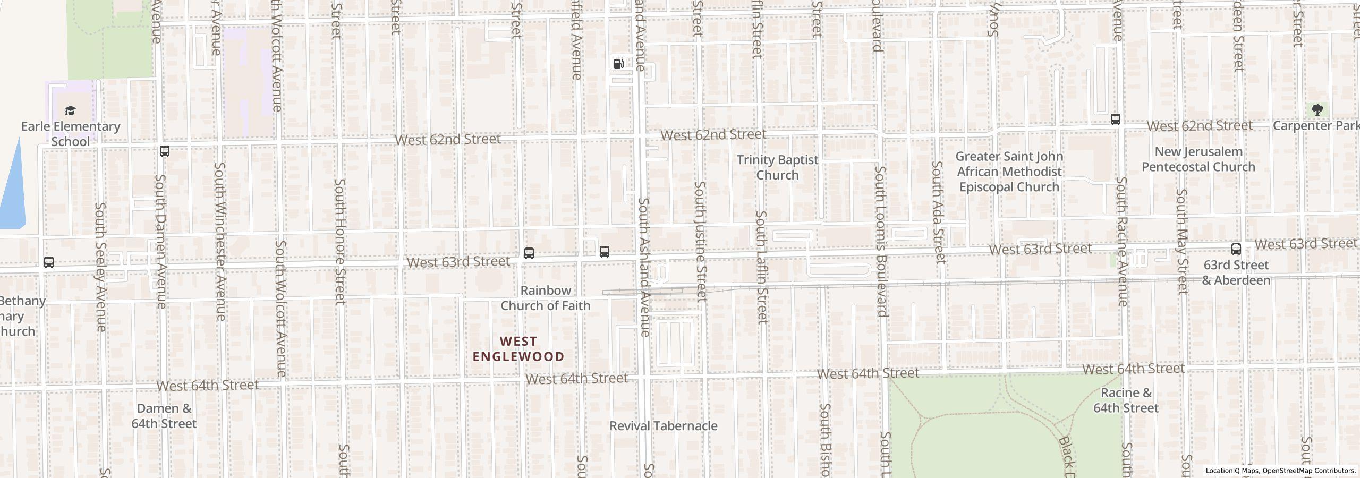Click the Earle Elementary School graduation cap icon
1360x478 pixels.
pos(70,110)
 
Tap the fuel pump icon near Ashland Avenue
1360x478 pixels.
pos(618,64)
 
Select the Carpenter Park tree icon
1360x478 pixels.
pos(1317,110)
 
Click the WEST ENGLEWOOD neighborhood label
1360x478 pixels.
pos(518,349)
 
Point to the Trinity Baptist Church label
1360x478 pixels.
pos(777,167)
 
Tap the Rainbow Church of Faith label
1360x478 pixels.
pos(546,298)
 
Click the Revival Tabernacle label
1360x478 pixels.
pos(663,426)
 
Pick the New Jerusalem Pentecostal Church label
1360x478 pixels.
pos(1198,159)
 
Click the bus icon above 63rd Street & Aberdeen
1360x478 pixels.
pos(1236,249)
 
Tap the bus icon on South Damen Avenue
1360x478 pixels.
pos(165,151)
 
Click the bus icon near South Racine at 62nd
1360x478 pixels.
pos(1116,119)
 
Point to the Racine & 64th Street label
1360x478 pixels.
pos(1126,400)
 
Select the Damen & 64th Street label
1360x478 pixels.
pos(164,416)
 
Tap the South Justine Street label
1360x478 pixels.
pos(701,242)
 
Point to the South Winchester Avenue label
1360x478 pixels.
pos(220,242)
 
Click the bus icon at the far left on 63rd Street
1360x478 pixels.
pos(49,262)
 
